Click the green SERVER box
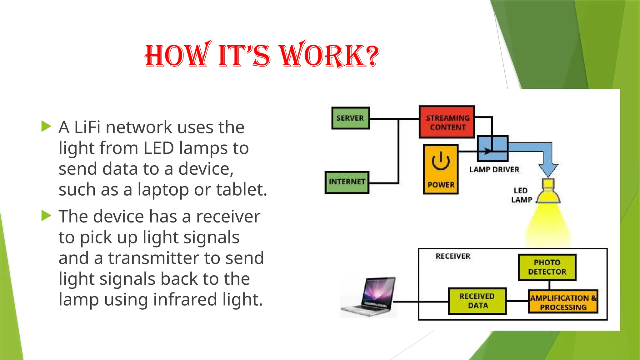(350, 118)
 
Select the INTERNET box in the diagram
(347, 182)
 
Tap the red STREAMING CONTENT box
(447, 122)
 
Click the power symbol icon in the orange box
(441, 161)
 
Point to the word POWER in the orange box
(441, 185)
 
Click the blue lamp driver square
(492, 148)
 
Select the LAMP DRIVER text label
(494, 170)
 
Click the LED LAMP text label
(521, 195)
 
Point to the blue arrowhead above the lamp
(548, 170)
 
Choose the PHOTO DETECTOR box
(547, 267)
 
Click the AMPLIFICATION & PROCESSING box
(563, 302)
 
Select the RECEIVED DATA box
(477, 301)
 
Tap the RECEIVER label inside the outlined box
(453, 256)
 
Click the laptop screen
(378, 291)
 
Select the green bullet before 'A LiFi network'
(46, 127)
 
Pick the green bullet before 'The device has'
(46, 216)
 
